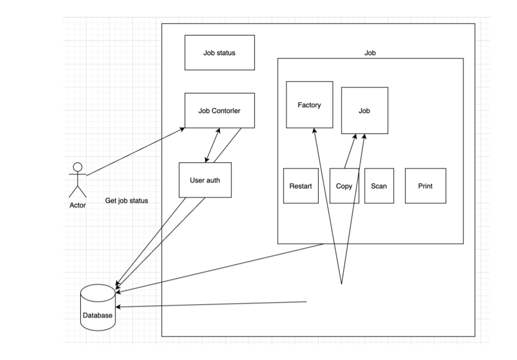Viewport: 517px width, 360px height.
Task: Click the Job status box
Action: click(x=219, y=52)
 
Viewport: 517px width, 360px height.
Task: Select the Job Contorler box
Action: click(x=219, y=110)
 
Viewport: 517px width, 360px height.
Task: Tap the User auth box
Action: click(x=205, y=180)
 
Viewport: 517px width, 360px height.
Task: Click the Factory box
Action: click(x=309, y=105)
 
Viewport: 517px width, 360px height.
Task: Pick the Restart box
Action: click(x=301, y=186)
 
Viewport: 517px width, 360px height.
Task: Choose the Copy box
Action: click(x=344, y=186)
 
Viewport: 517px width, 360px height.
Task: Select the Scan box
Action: click(x=379, y=186)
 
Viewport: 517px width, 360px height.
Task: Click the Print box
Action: click(x=425, y=186)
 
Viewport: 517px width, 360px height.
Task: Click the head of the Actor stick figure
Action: click(x=78, y=167)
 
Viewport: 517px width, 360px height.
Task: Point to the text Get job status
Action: click(x=126, y=201)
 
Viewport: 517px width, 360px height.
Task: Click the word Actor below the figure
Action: click(x=77, y=206)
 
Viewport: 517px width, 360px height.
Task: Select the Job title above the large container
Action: click(x=370, y=53)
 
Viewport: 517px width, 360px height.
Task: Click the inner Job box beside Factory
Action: click(x=365, y=110)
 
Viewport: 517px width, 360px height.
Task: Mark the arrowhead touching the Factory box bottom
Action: click(x=314, y=131)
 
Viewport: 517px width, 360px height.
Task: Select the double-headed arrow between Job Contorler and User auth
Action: click(x=212, y=145)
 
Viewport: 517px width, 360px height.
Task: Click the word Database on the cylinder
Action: click(x=98, y=315)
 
